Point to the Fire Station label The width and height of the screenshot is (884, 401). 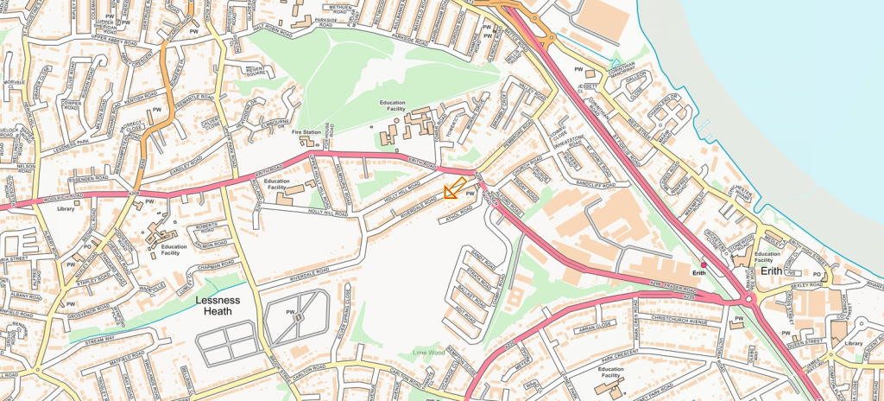point(306,132)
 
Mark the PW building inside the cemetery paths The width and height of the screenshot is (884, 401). point(297,317)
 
